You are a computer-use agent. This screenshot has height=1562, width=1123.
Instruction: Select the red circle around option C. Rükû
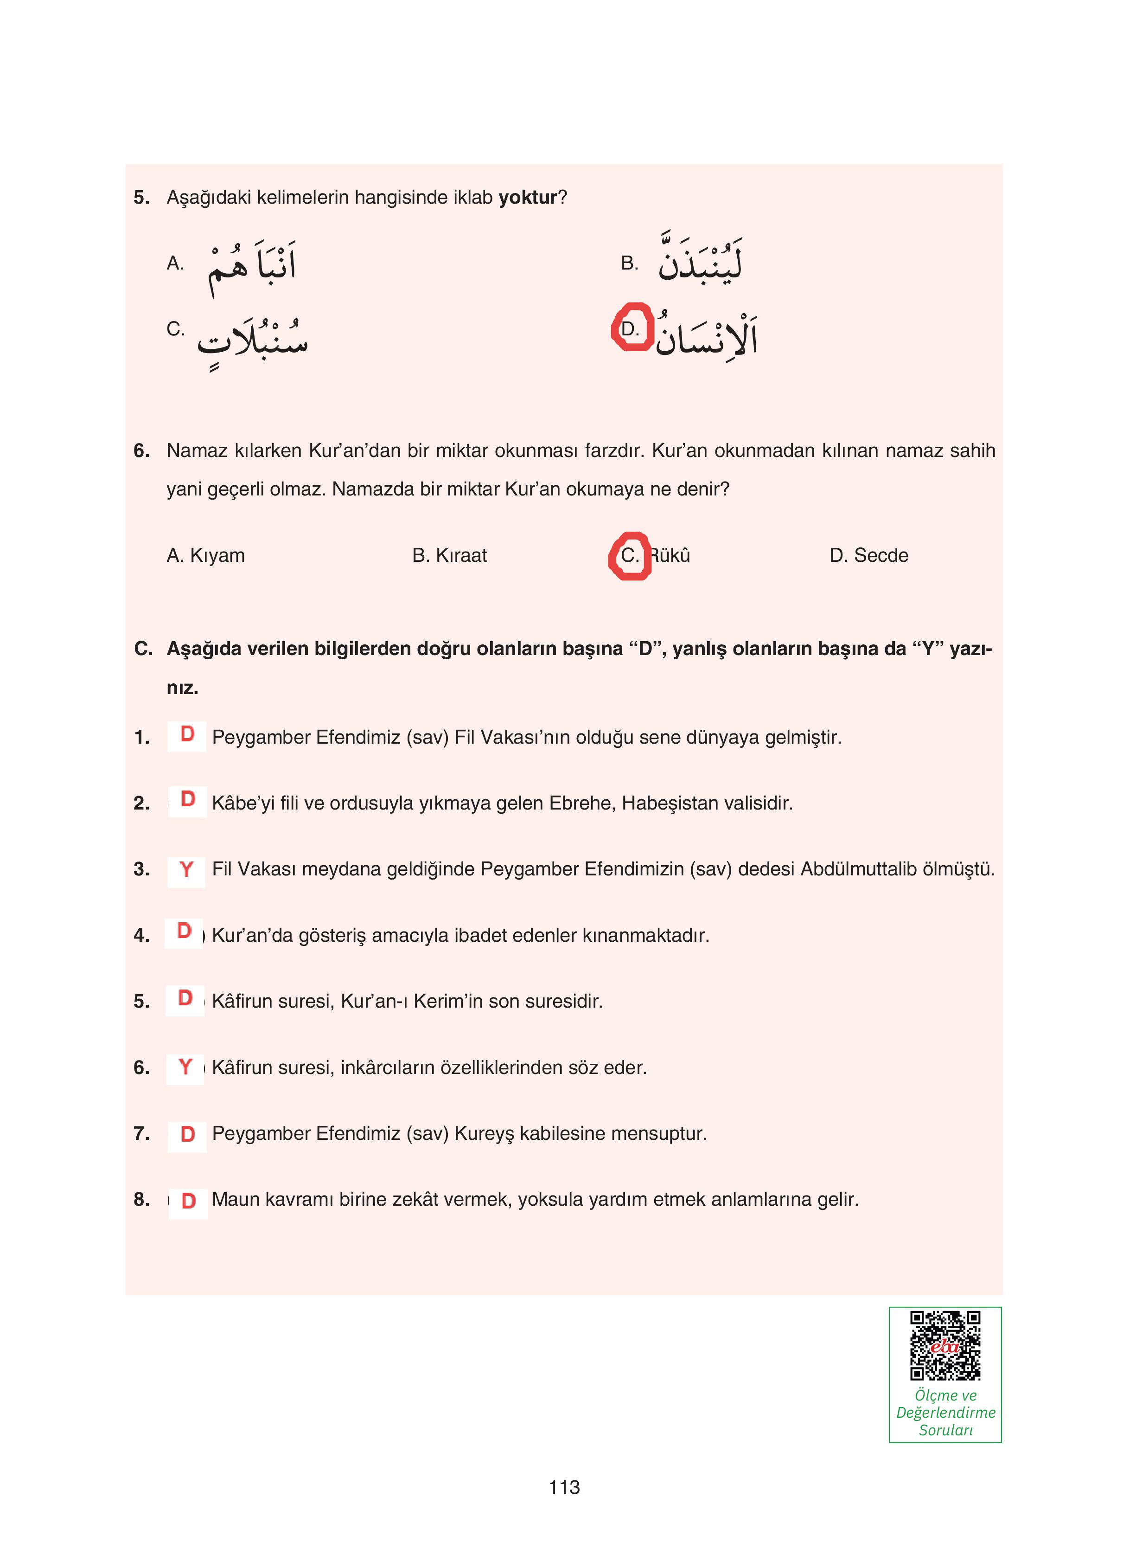(x=629, y=555)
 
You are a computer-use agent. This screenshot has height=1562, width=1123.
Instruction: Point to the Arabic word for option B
(x=700, y=258)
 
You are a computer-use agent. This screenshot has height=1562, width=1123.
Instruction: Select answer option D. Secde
(x=868, y=555)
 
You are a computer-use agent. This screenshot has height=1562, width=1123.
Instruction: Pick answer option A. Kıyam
(x=205, y=555)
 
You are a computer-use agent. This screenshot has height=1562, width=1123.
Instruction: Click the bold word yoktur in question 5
(x=527, y=198)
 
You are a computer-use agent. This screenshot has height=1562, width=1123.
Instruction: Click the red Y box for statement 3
(x=186, y=869)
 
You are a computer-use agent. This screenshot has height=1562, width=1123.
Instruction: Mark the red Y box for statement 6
(x=185, y=1067)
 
